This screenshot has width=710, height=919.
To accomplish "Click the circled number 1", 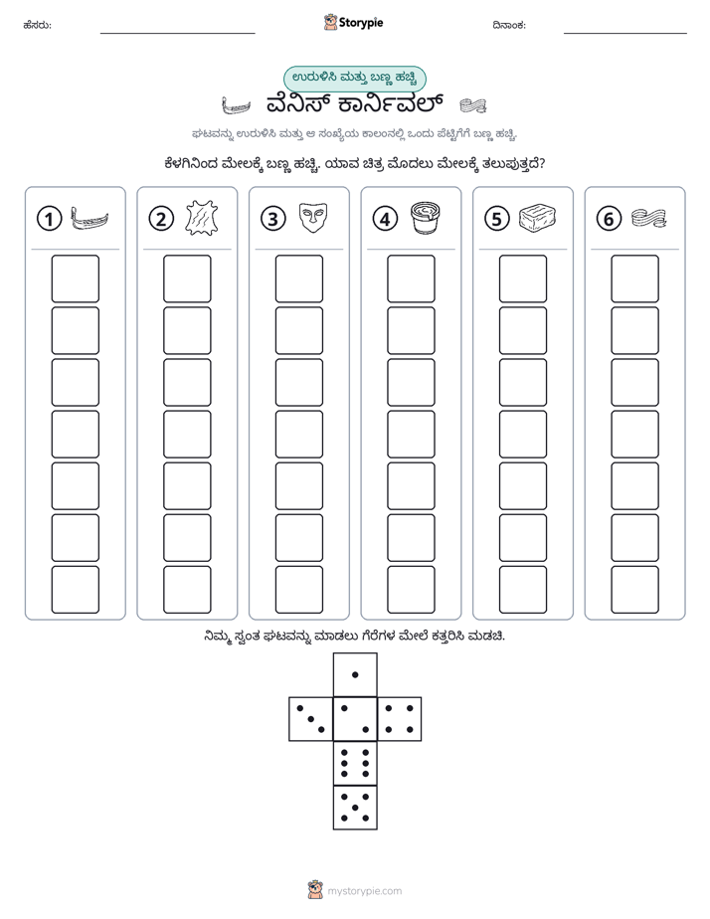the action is tap(49, 219).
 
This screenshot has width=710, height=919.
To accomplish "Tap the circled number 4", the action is tap(385, 219).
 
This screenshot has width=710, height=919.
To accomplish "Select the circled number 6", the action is tap(609, 219).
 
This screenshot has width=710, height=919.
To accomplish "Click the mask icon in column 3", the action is tap(313, 218).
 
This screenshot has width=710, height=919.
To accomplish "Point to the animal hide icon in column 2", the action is tap(202, 218).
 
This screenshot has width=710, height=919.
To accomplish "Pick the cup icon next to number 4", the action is tap(426, 218).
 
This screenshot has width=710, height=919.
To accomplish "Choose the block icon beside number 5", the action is tap(537, 218).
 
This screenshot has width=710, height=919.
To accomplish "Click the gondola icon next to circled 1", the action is tap(89, 218).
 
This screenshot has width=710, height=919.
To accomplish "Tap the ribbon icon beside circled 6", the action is tap(649, 218).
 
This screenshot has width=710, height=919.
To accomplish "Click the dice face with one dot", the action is tap(355, 674).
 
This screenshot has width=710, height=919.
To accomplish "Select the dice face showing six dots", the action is tap(355, 763).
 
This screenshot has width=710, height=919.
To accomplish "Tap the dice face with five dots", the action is tap(355, 808).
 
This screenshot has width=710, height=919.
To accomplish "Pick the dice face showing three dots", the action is tap(311, 718).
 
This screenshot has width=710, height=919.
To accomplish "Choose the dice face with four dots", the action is tap(400, 718).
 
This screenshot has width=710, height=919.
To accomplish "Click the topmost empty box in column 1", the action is tap(75, 278).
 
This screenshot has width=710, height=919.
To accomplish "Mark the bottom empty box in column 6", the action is tap(635, 590).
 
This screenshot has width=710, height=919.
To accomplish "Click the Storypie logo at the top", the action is tap(353, 23).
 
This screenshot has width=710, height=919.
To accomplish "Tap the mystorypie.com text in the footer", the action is tap(364, 891).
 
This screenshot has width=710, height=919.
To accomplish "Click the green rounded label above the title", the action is tap(354, 79).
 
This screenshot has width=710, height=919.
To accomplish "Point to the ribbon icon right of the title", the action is tap(472, 105).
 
